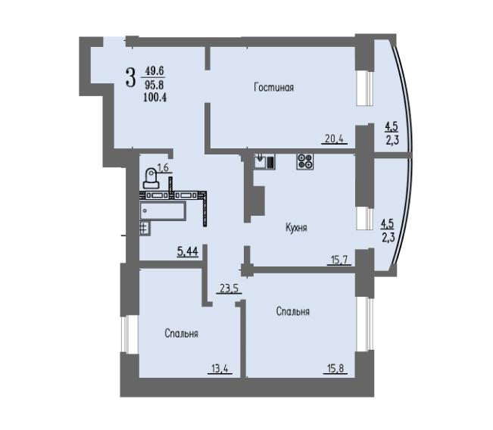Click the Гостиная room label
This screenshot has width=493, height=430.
[x=273, y=87]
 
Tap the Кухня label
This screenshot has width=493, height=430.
[x=296, y=227]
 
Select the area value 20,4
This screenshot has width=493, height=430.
[x=335, y=139]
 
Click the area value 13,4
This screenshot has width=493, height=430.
[x=220, y=369]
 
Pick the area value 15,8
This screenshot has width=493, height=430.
[x=335, y=369]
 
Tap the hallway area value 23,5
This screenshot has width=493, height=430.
[x=229, y=288]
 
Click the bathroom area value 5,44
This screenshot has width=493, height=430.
[x=187, y=251]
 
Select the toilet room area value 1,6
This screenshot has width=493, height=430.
[x=163, y=168]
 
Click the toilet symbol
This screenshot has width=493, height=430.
[x=151, y=179]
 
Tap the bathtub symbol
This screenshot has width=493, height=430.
[x=163, y=211]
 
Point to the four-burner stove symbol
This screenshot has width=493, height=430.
[x=305, y=162]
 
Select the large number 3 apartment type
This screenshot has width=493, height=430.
[x=130, y=78]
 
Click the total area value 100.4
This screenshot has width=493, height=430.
[x=154, y=98]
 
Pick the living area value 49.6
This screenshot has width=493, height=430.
[x=154, y=71]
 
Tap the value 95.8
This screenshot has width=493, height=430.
[x=154, y=85]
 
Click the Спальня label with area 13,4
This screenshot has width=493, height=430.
[x=182, y=333]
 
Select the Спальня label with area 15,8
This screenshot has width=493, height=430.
[x=293, y=311]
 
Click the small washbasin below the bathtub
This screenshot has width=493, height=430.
[x=145, y=229]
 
